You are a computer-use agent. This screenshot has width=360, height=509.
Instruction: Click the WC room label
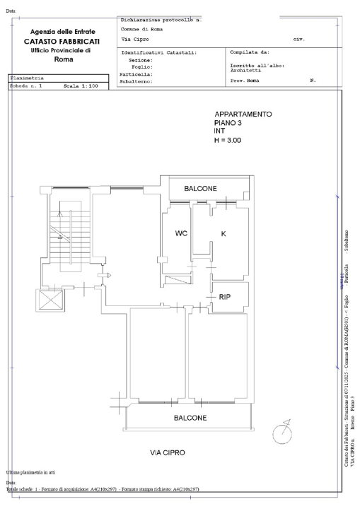180,233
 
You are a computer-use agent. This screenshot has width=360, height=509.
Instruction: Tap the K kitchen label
223,233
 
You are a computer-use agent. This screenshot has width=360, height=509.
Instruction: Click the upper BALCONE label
200,189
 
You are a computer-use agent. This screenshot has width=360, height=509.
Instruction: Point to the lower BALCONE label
190,418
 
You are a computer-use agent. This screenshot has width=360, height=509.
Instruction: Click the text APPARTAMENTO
243,115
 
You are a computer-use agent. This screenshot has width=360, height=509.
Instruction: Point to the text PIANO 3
229,123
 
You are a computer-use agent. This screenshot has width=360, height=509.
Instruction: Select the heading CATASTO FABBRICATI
63,42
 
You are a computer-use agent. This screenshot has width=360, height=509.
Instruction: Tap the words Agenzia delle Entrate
63,33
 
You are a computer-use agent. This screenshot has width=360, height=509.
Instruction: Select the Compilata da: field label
250,52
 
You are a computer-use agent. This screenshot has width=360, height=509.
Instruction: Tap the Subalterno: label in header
137,81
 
